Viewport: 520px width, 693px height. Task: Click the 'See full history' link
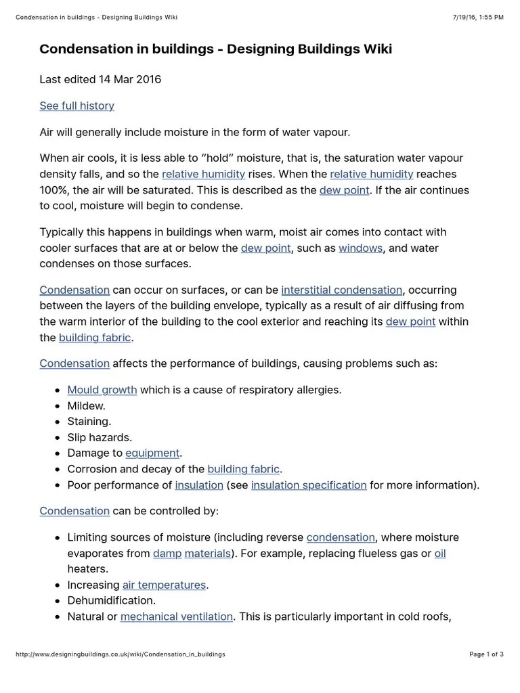77,106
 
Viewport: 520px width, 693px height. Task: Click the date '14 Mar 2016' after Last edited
130,79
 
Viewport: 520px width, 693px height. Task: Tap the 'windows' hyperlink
360,248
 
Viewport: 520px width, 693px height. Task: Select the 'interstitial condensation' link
341,290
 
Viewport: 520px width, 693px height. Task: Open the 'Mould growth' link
102,390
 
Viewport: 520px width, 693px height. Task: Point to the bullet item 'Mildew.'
87,406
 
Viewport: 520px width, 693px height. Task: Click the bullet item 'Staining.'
89,422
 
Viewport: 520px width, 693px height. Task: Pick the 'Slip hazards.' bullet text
100,438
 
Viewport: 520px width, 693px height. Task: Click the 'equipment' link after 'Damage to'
152,453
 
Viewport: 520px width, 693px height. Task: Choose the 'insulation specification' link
309,485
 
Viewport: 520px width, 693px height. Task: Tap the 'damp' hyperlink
167,554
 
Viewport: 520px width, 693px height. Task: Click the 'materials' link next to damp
208,554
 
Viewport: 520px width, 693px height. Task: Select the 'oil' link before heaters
440,554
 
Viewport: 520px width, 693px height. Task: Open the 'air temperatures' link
164,585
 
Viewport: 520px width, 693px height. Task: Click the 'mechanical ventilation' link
177,617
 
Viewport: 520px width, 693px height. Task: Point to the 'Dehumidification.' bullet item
112,600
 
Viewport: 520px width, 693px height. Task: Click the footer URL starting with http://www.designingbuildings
120,654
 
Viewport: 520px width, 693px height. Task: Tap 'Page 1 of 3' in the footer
486,654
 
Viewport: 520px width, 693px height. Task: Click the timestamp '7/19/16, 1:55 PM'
477,17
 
